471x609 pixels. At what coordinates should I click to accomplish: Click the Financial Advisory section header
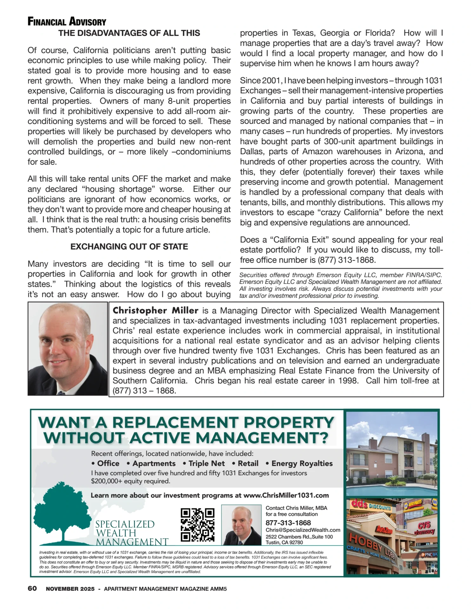(x=67, y=22)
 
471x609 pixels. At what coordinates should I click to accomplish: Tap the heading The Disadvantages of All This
(x=129, y=33)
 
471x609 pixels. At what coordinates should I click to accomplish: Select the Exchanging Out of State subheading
(x=129, y=247)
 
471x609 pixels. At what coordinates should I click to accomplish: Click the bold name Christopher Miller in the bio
(x=156, y=311)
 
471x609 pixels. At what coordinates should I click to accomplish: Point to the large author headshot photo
(x=68, y=349)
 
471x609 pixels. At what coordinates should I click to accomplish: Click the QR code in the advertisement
(x=197, y=525)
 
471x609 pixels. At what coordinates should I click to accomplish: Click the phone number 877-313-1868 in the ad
(x=288, y=523)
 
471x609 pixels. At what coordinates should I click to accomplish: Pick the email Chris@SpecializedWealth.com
(x=303, y=530)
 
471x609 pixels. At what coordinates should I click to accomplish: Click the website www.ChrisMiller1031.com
(x=286, y=495)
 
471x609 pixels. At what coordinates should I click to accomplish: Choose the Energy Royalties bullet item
(x=302, y=464)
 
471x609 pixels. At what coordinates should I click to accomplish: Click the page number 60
(x=32, y=589)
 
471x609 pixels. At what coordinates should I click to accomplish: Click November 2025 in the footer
(x=70, y=589)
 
